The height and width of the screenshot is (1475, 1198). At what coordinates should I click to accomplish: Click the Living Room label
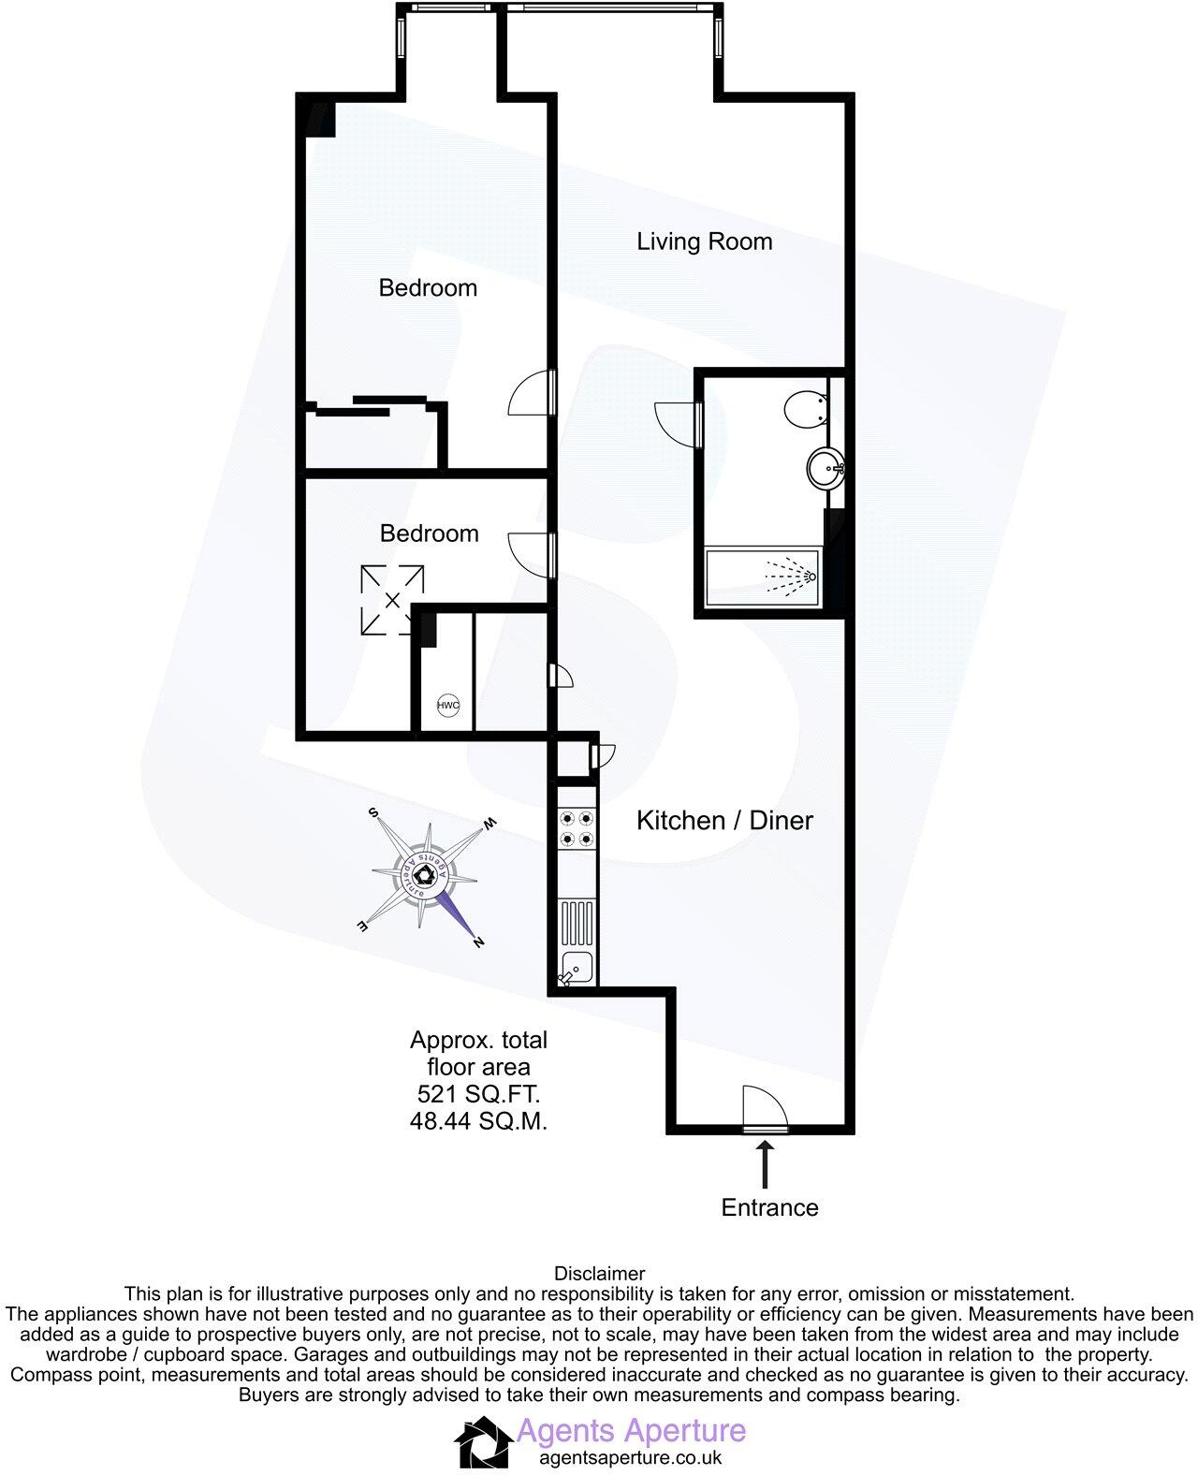(x=704, y=241)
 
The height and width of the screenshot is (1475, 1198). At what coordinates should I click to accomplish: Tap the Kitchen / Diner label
(x=724, y=821)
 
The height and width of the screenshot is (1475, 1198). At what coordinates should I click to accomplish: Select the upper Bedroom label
(x=428, y=287)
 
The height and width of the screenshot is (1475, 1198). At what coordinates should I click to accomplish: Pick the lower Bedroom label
(x=429, y=533)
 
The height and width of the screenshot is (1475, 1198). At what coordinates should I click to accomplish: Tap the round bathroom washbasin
(x=826, y=467)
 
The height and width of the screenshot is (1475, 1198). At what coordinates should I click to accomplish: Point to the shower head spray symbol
(x=792, y=577)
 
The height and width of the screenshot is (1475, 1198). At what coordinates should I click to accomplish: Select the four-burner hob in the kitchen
(x=576, y=826)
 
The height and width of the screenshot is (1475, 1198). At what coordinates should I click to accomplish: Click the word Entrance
(x=769, y=1207)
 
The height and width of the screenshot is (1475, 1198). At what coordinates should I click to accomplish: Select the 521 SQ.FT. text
(x=478, y=1093)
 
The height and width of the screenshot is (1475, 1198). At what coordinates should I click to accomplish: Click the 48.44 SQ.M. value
(x=478, y=1120)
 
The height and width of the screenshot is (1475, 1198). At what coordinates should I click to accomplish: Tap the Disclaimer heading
(x=599, y=1273)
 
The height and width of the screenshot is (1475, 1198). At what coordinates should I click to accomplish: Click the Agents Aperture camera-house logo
(x=483, y=1441)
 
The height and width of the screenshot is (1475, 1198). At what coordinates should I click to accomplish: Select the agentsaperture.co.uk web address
(x=631, y=1457)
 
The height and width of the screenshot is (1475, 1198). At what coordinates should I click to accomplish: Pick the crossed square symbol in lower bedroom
(x=392, y=600)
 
